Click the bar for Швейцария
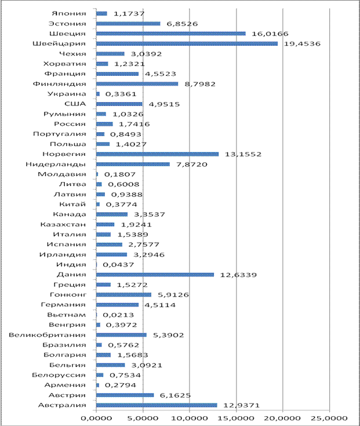coord(187,43)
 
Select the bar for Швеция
coord(171,34)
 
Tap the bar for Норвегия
coord(158,154)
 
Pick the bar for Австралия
coord(157,405)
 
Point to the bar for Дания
coord(155,275)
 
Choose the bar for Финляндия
coord(137,84)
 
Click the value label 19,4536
coord(302,43)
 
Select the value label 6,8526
coord(182,24)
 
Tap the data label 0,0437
coord(118,265)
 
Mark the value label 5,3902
coord(169,335)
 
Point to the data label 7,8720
coord(192,165)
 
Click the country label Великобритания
coord(48,335)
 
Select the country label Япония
coord(69,13)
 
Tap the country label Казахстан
coord(63,224)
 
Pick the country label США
coord(75,104)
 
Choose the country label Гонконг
coord(68,294)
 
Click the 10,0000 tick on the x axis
coord(190,418)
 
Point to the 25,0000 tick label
coord(329,418)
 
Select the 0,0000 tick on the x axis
coord(96,418)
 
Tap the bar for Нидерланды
coord(133,165)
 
